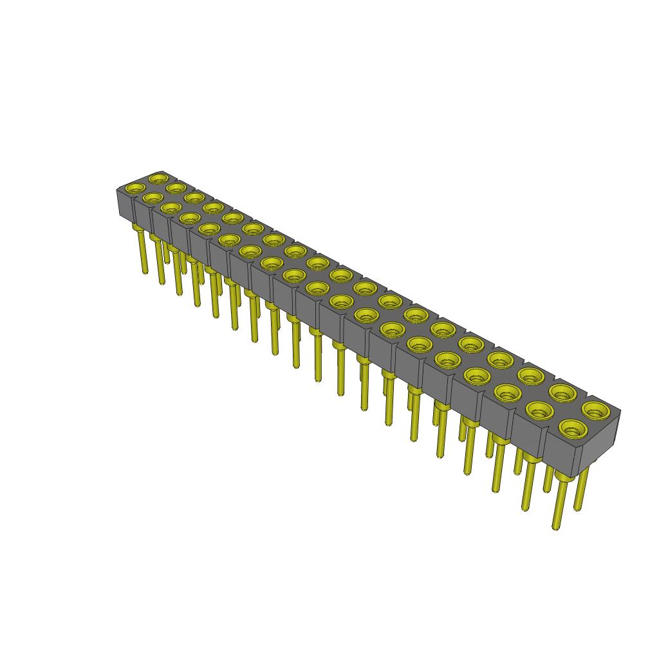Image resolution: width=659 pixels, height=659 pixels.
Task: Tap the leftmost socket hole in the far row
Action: click(x=158, y=177)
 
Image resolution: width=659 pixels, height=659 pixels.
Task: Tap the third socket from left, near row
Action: click(x=171, y=207)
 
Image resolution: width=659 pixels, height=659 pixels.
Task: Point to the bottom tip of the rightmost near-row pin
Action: click(x=555, y=527)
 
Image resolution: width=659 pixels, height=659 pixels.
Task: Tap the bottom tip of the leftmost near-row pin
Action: click(x=142, y=272)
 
